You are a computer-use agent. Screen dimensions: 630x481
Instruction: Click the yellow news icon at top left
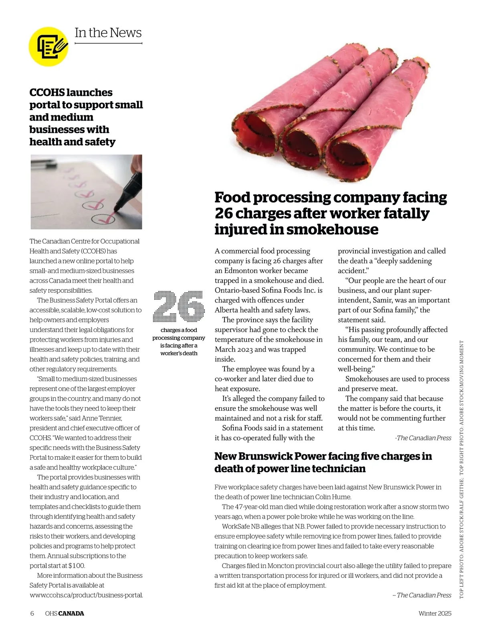click(x=49, y=46)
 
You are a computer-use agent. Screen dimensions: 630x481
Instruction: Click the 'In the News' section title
click(x=108, y=33)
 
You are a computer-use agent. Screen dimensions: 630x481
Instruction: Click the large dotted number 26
click(x=179, y=306)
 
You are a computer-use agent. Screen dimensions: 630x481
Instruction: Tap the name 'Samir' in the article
click(x=373, y=300)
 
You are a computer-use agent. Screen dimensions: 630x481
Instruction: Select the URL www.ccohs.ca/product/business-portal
click(x=86, y=595)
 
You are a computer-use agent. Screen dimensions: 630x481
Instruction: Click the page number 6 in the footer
click(x=32, y=613)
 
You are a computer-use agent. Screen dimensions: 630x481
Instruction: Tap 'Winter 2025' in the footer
click(x=435, y=613)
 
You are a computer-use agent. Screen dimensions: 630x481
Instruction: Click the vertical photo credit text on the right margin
click(x=461, y=470)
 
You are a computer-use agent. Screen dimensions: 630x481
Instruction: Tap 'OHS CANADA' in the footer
click(x=65, y=613)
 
